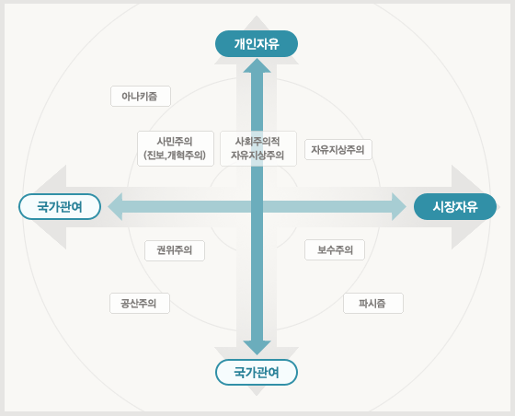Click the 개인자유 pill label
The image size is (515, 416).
[x=257, y=43]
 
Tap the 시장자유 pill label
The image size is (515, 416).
[x=455, y=207]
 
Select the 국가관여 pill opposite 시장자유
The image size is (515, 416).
[x=60, y=207]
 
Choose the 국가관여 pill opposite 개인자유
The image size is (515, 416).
[x=257, y=373]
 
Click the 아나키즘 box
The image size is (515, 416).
[x=141, y=97]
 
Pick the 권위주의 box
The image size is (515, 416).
[x=175, y=250]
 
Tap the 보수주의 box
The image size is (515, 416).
[x=335, y=250]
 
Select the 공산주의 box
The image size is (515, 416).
[x=140, y=304]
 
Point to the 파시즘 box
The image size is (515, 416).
[x=373, y=304]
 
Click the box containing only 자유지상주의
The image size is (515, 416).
[x=338, y=150]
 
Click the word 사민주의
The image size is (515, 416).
[x=175, y=142]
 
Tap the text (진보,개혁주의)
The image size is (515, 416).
[x=175, y=156]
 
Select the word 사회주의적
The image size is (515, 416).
[x=257, y=142]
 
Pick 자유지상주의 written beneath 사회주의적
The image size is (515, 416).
[x=257, y=156]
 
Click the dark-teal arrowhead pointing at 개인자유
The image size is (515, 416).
[x=257, y=65]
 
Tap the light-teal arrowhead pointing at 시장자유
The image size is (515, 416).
[x=399, y=207]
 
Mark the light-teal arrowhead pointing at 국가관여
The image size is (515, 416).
[x=115, y=207]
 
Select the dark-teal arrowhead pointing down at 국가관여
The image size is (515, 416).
[x=257, y=348]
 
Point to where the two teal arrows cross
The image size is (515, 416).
[x=257, y=207]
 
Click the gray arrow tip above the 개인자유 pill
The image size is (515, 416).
[x=257, y=17]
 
